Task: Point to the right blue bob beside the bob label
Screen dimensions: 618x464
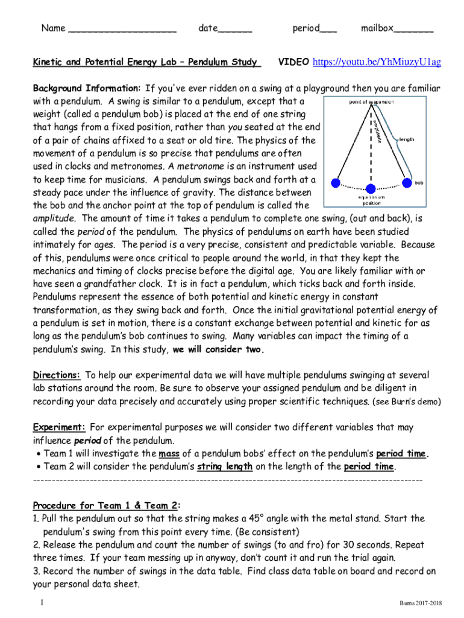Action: click(x=407, y=183)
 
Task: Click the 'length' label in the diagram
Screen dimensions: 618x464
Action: click(x=406, y=139)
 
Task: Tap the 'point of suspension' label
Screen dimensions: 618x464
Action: click(x=371, y=102)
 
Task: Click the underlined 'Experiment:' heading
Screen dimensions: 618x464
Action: click(x=58, y=427)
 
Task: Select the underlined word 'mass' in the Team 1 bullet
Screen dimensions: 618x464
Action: click(x=168, y=453)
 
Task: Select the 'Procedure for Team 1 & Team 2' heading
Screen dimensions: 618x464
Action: click(x=105, y=505)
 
